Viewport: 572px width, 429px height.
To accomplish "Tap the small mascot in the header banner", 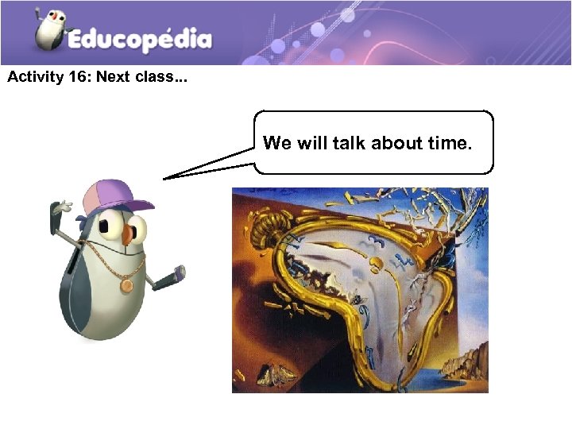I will [50, 29].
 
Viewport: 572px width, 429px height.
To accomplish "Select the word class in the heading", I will [156, 78].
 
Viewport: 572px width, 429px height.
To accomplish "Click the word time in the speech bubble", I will [450, 143].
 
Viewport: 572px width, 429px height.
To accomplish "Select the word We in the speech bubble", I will [277, 143].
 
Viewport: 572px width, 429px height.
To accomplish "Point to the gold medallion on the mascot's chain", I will [126, 284].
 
